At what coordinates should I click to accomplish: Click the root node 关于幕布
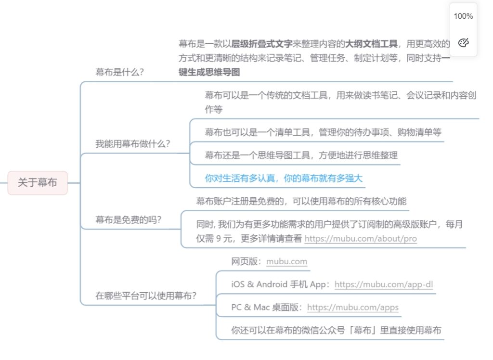pyautogui.click(x=38, y=183)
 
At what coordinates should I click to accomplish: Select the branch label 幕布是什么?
pyautogui.click(x=119, y=72)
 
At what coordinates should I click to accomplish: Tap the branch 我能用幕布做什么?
pyautogui.click(x=133, y=144)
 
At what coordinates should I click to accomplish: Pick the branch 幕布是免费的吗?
pyautogui.click(x=128, y=220)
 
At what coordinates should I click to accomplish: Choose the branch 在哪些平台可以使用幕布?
pyautogui.click(x=146, y=296)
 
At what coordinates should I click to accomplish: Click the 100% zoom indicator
pyautogui.click(x=463, y=16)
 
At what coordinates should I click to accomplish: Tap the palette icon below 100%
pyautogui.click(x=464, y=42)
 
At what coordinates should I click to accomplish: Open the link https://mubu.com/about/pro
pyautogui.click(x=361, y=239)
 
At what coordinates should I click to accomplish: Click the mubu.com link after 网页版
pyautogui.click(x=287, y=262)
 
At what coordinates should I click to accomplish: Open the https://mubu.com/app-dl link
pyautogui.click(x=384, y=284)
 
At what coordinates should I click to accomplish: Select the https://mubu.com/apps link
pyautogui.click(x=353, y=308)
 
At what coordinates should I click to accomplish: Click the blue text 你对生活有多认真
pyautogui.click(x=240, y=179)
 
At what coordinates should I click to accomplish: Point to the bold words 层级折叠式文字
pyautogui.click(x=261, y=44)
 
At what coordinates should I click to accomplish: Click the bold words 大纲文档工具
pyautogui.click(x=371, y=44)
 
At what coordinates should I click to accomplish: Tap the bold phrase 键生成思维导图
pyautogui.click(x=209, y=72)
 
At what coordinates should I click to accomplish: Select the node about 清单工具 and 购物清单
pyautogui.click(x=323, y=132)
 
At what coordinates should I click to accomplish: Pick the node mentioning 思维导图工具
pyautogui.click(x=301, y=155)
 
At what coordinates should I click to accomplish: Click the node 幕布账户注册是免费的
pyautogui.click(x=301, y=201)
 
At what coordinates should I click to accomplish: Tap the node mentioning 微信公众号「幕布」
pyautogui.click(x=336, y=330)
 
